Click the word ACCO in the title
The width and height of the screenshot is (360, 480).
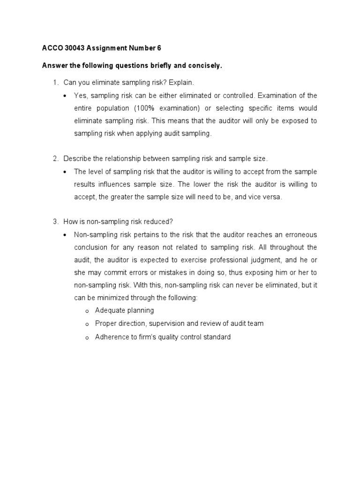click(x=50, y=48)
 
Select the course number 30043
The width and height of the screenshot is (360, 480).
click(x=75, y=48)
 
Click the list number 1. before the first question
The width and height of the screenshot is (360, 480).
click(x=55, y=83)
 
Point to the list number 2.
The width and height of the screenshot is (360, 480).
click(x=55, y=159)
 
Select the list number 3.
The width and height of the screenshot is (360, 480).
click(x=55, y=222)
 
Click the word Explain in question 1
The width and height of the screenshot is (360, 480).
click(x=181, y=83)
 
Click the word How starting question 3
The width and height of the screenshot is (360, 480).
click(x=70, y=222)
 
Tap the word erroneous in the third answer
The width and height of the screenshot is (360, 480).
click(x=300, y=234)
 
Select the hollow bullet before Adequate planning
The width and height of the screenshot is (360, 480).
click(x=87, y=311)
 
